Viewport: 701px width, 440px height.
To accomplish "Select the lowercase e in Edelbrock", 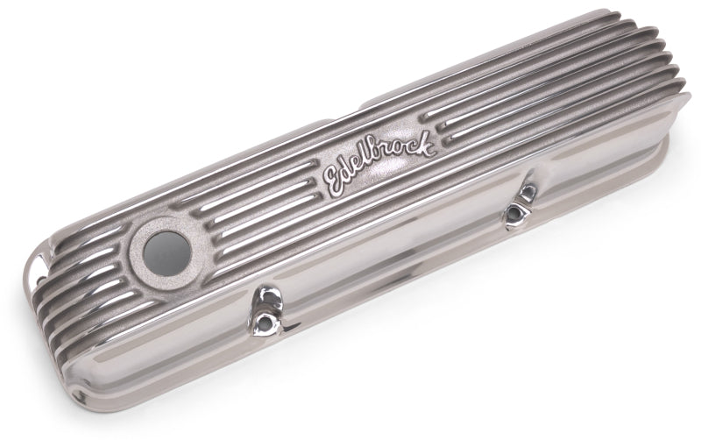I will pos(362,167).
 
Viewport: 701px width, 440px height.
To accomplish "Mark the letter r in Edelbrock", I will pos(393,156).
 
